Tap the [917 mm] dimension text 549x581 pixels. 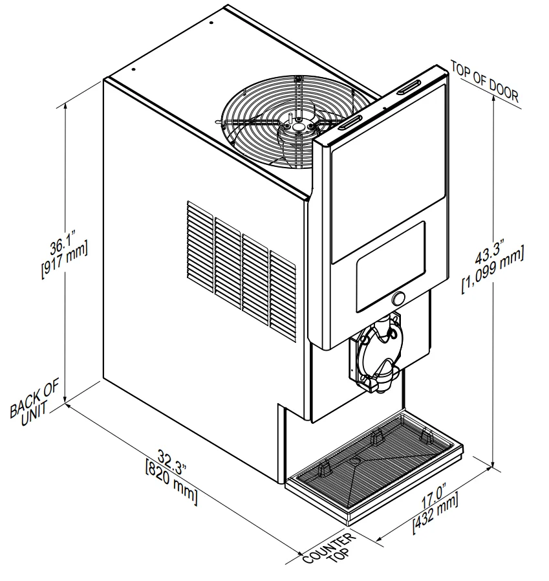click(x=65, y=259)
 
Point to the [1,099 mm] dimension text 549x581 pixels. click(x=493, y=270)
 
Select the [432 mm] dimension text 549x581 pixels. click(x=436, y=513)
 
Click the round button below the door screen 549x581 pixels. click(x=398, y=298)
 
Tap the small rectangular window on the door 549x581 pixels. click(x=391, y=267)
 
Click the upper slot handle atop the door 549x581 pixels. click(x=410, y=87)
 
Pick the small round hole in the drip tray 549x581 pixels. click(x=355, y=460)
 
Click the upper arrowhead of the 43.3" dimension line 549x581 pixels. click(x=493, y=98)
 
